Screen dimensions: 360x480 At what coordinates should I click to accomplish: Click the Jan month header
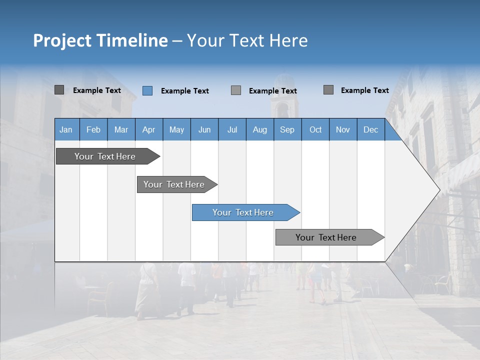coord(66,130)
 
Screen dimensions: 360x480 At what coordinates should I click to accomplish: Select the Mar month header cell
coord(121,130)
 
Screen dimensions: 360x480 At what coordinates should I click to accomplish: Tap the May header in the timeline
coord(176,130)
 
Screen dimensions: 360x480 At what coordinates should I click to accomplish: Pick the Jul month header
coord(232,130)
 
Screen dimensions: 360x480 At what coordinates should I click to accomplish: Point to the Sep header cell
coord(287,130)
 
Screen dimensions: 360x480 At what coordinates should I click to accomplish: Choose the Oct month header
coord(315,130)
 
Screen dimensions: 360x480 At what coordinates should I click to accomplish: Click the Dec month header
coord(370,130)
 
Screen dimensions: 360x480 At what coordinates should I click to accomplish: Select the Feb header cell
coord(93,130)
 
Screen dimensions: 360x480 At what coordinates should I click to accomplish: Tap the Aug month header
coord(259,130)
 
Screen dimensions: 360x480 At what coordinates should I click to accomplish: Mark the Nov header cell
coord(343,130)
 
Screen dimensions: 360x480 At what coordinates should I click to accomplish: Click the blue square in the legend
coord(147,90)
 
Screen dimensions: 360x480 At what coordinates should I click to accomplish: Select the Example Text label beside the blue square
coord(184,91)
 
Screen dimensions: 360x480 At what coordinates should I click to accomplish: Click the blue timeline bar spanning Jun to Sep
coord(243,212)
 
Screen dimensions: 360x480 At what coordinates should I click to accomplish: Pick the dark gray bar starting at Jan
coord(105,156)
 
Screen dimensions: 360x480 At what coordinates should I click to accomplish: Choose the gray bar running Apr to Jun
coord(174,184)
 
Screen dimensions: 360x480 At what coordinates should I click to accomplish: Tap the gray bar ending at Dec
coord(326,237)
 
